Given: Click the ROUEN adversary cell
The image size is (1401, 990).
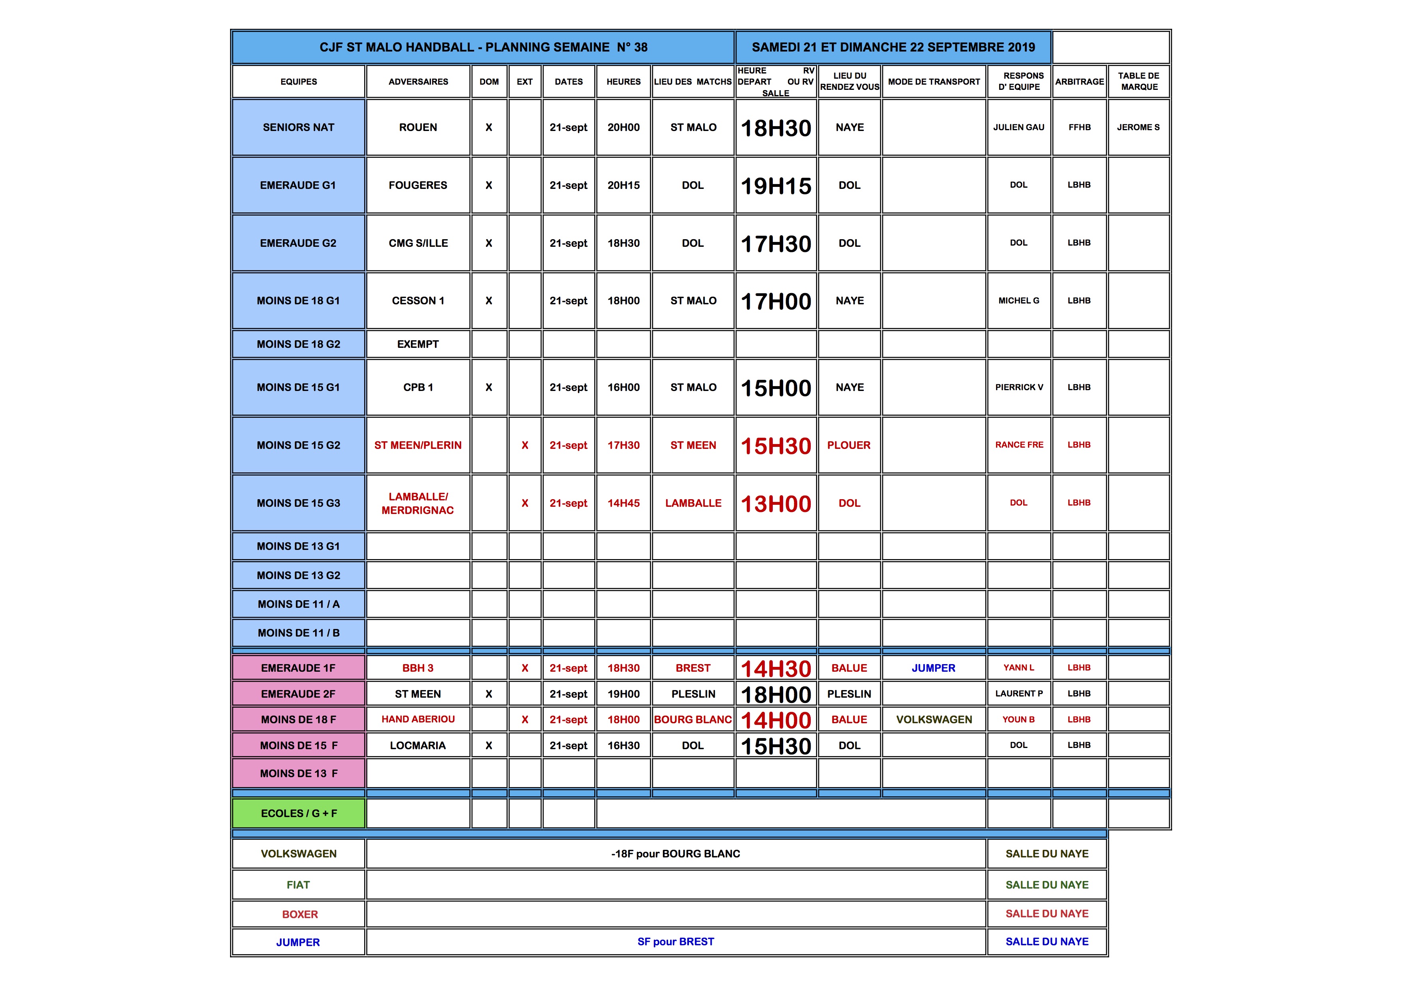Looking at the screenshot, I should point(418,127).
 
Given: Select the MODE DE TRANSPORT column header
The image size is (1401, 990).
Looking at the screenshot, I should point(934,82).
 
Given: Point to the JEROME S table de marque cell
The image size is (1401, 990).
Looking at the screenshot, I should point(1138,127).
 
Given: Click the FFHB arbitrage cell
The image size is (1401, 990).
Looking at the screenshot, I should point(1079,127).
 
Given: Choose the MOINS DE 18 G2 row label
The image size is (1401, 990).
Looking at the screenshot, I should point(298,344).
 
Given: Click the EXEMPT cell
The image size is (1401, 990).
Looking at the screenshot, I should point(418,344).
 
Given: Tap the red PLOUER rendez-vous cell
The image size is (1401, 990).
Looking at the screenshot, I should point(849,445).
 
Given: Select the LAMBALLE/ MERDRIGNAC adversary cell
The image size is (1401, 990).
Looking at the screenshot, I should point(418,503).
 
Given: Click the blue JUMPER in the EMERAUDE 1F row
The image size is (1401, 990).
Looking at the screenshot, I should point(934,668).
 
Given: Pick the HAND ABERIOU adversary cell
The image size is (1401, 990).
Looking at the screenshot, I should point(418,719).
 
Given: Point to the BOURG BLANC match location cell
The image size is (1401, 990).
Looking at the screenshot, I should point(693,720).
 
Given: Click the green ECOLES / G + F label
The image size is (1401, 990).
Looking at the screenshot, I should point(298,813).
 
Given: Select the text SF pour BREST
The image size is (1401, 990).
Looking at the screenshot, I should point(675,942).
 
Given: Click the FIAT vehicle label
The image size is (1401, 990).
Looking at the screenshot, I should point(298,885).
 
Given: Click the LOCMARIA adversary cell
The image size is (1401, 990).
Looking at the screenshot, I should point(418,746).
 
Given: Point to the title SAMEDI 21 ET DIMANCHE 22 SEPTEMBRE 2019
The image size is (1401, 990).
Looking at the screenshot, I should point(893,48).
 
